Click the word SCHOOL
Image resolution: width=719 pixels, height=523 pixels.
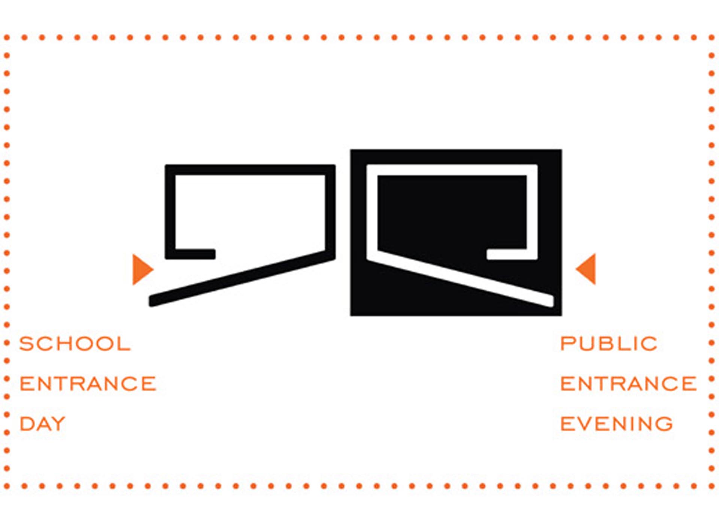tap(75, 343)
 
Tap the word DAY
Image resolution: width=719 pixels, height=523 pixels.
tap(42, 423)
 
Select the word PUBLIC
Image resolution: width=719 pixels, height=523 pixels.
tap(609, 343)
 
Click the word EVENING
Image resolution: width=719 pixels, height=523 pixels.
tap(616, 423)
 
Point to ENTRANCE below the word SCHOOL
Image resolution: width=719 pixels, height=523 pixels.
tap(88, 383)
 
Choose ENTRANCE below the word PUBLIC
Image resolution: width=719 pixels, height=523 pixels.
tap(628, 383)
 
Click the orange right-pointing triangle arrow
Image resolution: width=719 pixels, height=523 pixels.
tap(142, 269)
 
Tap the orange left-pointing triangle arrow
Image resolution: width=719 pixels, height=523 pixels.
tap(586, 269)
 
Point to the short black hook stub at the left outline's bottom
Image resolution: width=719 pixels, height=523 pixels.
tap(195, 254)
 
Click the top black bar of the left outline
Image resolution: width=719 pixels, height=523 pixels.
tap(250, 169)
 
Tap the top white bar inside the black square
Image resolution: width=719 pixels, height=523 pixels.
tap(452, 169)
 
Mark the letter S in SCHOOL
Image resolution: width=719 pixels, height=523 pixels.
tap(27, 343)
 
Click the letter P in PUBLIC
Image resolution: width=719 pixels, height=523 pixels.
tap(568, 343)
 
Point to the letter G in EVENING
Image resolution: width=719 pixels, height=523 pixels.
tap(664, 423)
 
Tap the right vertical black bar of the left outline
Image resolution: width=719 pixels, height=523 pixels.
tap(330, 211)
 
